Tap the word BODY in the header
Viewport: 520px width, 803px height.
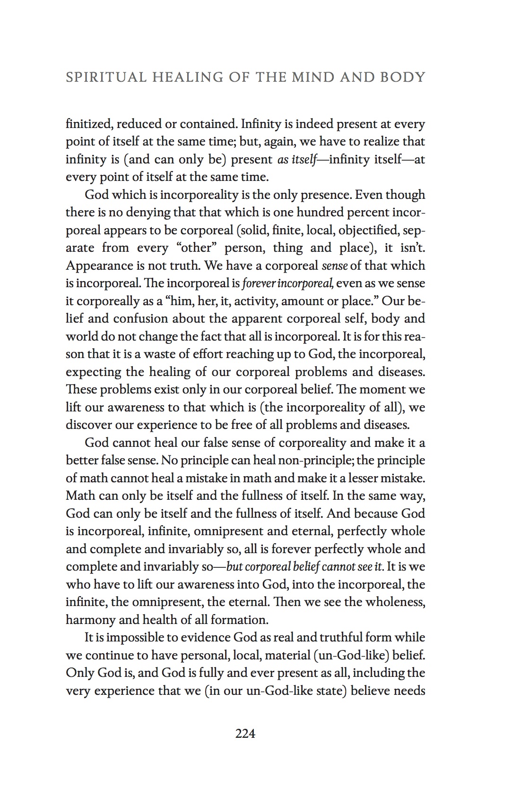pos(406,77)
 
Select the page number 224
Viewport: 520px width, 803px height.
pos(245,734)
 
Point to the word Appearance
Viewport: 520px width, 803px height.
pos(97,265)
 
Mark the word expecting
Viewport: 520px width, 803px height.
pos(94,372)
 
